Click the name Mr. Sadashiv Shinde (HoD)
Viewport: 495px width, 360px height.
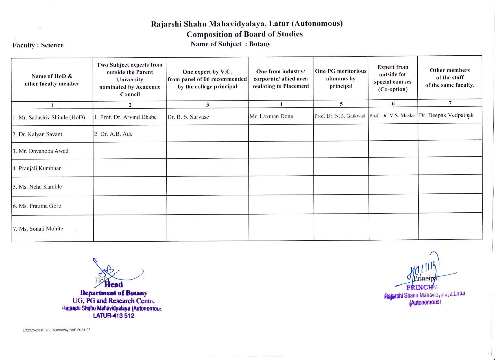point(49,117)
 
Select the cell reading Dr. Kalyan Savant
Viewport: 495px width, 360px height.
point(37,134)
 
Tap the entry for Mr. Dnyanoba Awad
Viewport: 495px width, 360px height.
point(40,151)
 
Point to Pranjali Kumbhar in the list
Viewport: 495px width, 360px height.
point(37,168)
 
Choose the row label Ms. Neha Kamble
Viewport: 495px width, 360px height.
point(37,187)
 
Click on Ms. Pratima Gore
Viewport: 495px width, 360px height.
point(37,206)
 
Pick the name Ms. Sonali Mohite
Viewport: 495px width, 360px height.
point(38,229)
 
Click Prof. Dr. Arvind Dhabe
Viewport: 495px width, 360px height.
point(125,117)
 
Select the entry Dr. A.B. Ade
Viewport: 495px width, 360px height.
point(113,134)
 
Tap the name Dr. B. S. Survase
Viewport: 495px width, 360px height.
point(188,117)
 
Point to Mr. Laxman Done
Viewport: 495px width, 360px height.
point(271,116)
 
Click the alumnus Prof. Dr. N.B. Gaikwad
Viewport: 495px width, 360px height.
point(340,116)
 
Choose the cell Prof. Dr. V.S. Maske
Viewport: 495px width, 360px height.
point(392,115)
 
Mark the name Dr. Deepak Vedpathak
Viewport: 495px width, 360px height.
point(446,115)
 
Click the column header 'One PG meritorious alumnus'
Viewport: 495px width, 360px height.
point(341,78)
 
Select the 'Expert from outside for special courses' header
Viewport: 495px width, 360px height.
point(393,78)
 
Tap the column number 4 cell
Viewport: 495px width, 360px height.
point(281,104)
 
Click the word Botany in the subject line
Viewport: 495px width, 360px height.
point(260,44)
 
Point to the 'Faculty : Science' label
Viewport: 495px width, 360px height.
point(38,45)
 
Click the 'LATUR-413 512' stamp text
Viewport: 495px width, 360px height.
point(114,316)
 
